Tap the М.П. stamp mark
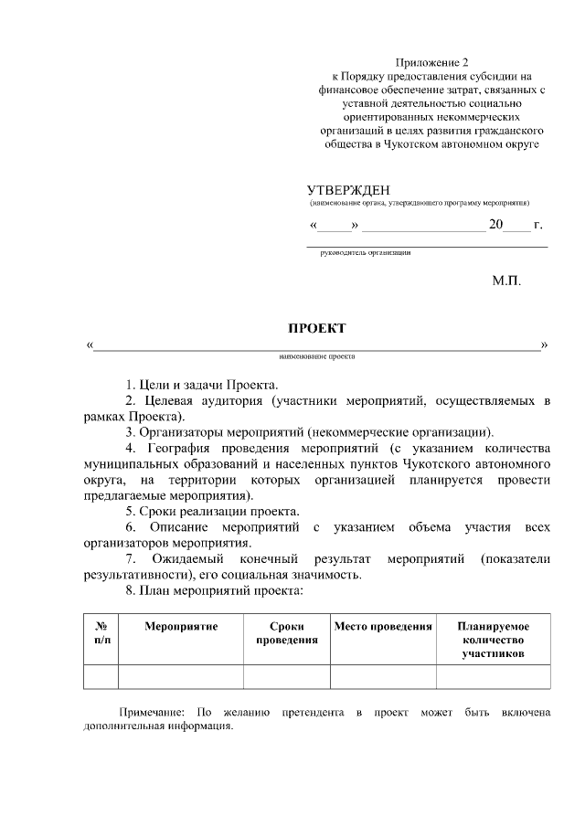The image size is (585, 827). tap(506, 281)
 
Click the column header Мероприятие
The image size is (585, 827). tap(180, 627)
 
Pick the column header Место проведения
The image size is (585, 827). tap(382, 627)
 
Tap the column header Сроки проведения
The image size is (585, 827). tap(286, 633)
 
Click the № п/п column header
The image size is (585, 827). tap(101, 633)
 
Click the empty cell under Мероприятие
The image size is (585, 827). tap(180, 676)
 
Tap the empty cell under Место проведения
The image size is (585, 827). tap(382, 676)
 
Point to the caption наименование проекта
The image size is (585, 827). tap(317, 357)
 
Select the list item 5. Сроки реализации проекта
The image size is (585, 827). tap(213, 511)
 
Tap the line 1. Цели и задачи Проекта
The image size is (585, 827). tap(202, 384)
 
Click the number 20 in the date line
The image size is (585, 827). tap(497, 224)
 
